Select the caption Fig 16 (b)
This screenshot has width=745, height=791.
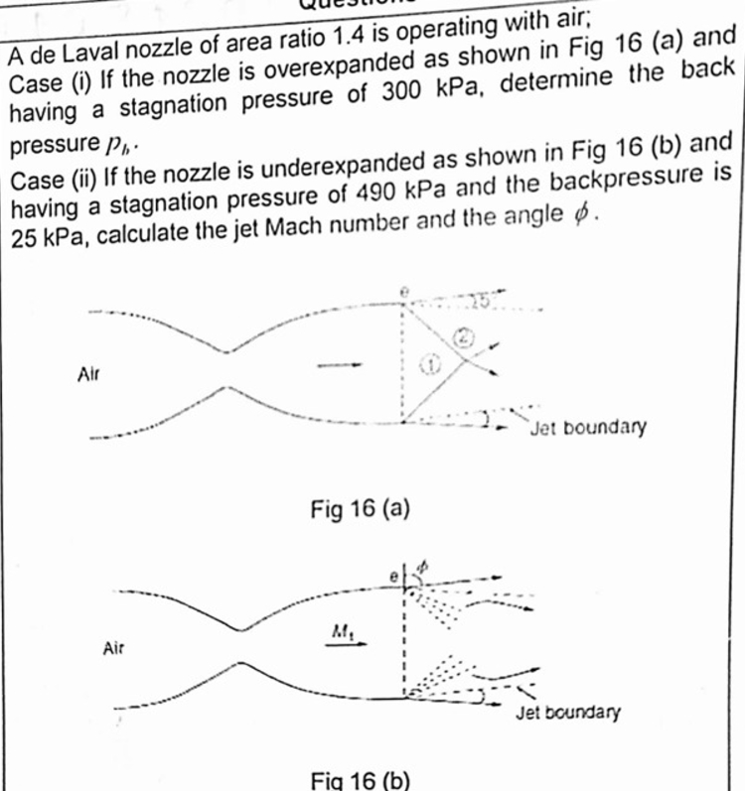pyautogui.click(x=360, y=777)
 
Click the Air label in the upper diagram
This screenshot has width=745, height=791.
pyautogui.click(x=90, y=374)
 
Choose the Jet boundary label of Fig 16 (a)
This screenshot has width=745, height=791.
pyautogui.click(x=587, y=428)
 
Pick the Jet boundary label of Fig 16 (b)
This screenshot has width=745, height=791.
pyautogui.click(x=567, y=712)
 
